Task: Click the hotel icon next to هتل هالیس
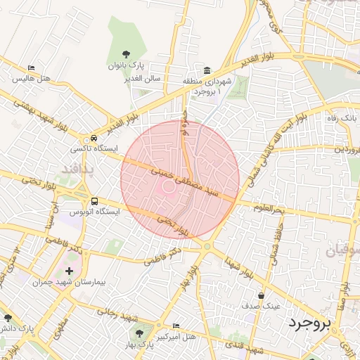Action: coord(30,68)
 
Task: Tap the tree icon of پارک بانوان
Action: coord(126,53)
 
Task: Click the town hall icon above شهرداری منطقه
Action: coord(207,71)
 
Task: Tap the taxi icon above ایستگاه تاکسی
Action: coord(94,139)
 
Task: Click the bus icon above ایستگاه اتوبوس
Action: coord(94,200)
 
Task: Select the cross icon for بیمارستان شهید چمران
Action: coord(69,271)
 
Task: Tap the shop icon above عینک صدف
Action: coord(262,296)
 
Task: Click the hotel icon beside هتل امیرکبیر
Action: coord(175,326)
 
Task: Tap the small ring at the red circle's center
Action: coord(169,186)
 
